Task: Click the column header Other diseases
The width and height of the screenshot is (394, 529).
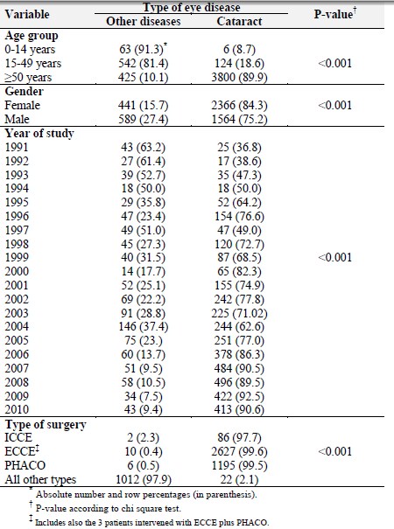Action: (144, 21)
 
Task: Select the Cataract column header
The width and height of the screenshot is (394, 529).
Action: (239, 21)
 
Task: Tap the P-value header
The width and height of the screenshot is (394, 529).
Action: (335, 14)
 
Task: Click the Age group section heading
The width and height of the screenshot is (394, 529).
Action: (32, 36)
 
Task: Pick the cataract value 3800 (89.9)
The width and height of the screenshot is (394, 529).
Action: (239, 77)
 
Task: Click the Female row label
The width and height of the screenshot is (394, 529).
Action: (22, 105)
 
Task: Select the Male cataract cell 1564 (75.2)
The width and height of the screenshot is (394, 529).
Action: (239, 120)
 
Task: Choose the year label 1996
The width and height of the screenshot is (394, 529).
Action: (17, 216)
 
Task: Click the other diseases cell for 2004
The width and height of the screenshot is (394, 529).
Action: (144, 326)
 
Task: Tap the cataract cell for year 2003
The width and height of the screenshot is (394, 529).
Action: (239, 313)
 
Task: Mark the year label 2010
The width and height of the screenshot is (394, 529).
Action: (17, 409)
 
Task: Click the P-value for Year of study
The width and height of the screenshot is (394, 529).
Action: (334, 258)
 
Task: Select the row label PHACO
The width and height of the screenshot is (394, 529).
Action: (25, 465)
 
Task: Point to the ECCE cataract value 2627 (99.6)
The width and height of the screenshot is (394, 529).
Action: (239, 451)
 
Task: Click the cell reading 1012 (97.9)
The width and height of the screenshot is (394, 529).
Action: (144, 479)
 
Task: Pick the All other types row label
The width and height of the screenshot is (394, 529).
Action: (40, 479)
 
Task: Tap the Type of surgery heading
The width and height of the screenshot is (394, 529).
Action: (46, 424)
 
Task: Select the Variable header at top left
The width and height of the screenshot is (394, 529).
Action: (27, 14)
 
